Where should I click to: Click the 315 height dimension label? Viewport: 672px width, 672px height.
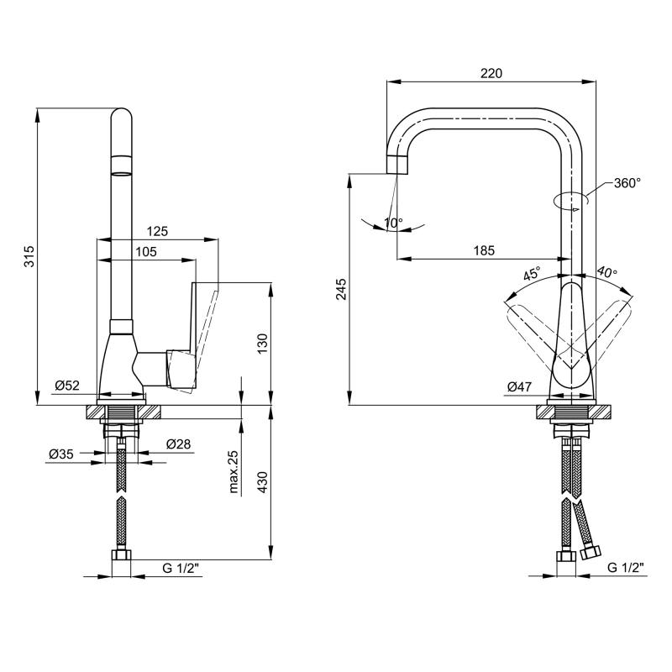(29, 256)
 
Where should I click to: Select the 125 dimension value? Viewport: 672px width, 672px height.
(157, 232)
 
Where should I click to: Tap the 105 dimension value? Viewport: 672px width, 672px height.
(146, 251)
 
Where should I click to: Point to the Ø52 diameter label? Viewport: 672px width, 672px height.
(67, 386)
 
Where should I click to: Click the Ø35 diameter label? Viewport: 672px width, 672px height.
(61, 454)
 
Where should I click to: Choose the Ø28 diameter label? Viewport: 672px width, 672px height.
(178, 444)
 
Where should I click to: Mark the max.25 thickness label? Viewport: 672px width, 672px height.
(234, 472)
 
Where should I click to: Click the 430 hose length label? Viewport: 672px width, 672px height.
(262, 481)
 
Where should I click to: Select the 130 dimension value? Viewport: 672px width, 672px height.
(262, 344)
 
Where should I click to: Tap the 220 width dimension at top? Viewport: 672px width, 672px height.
(491, 74)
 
